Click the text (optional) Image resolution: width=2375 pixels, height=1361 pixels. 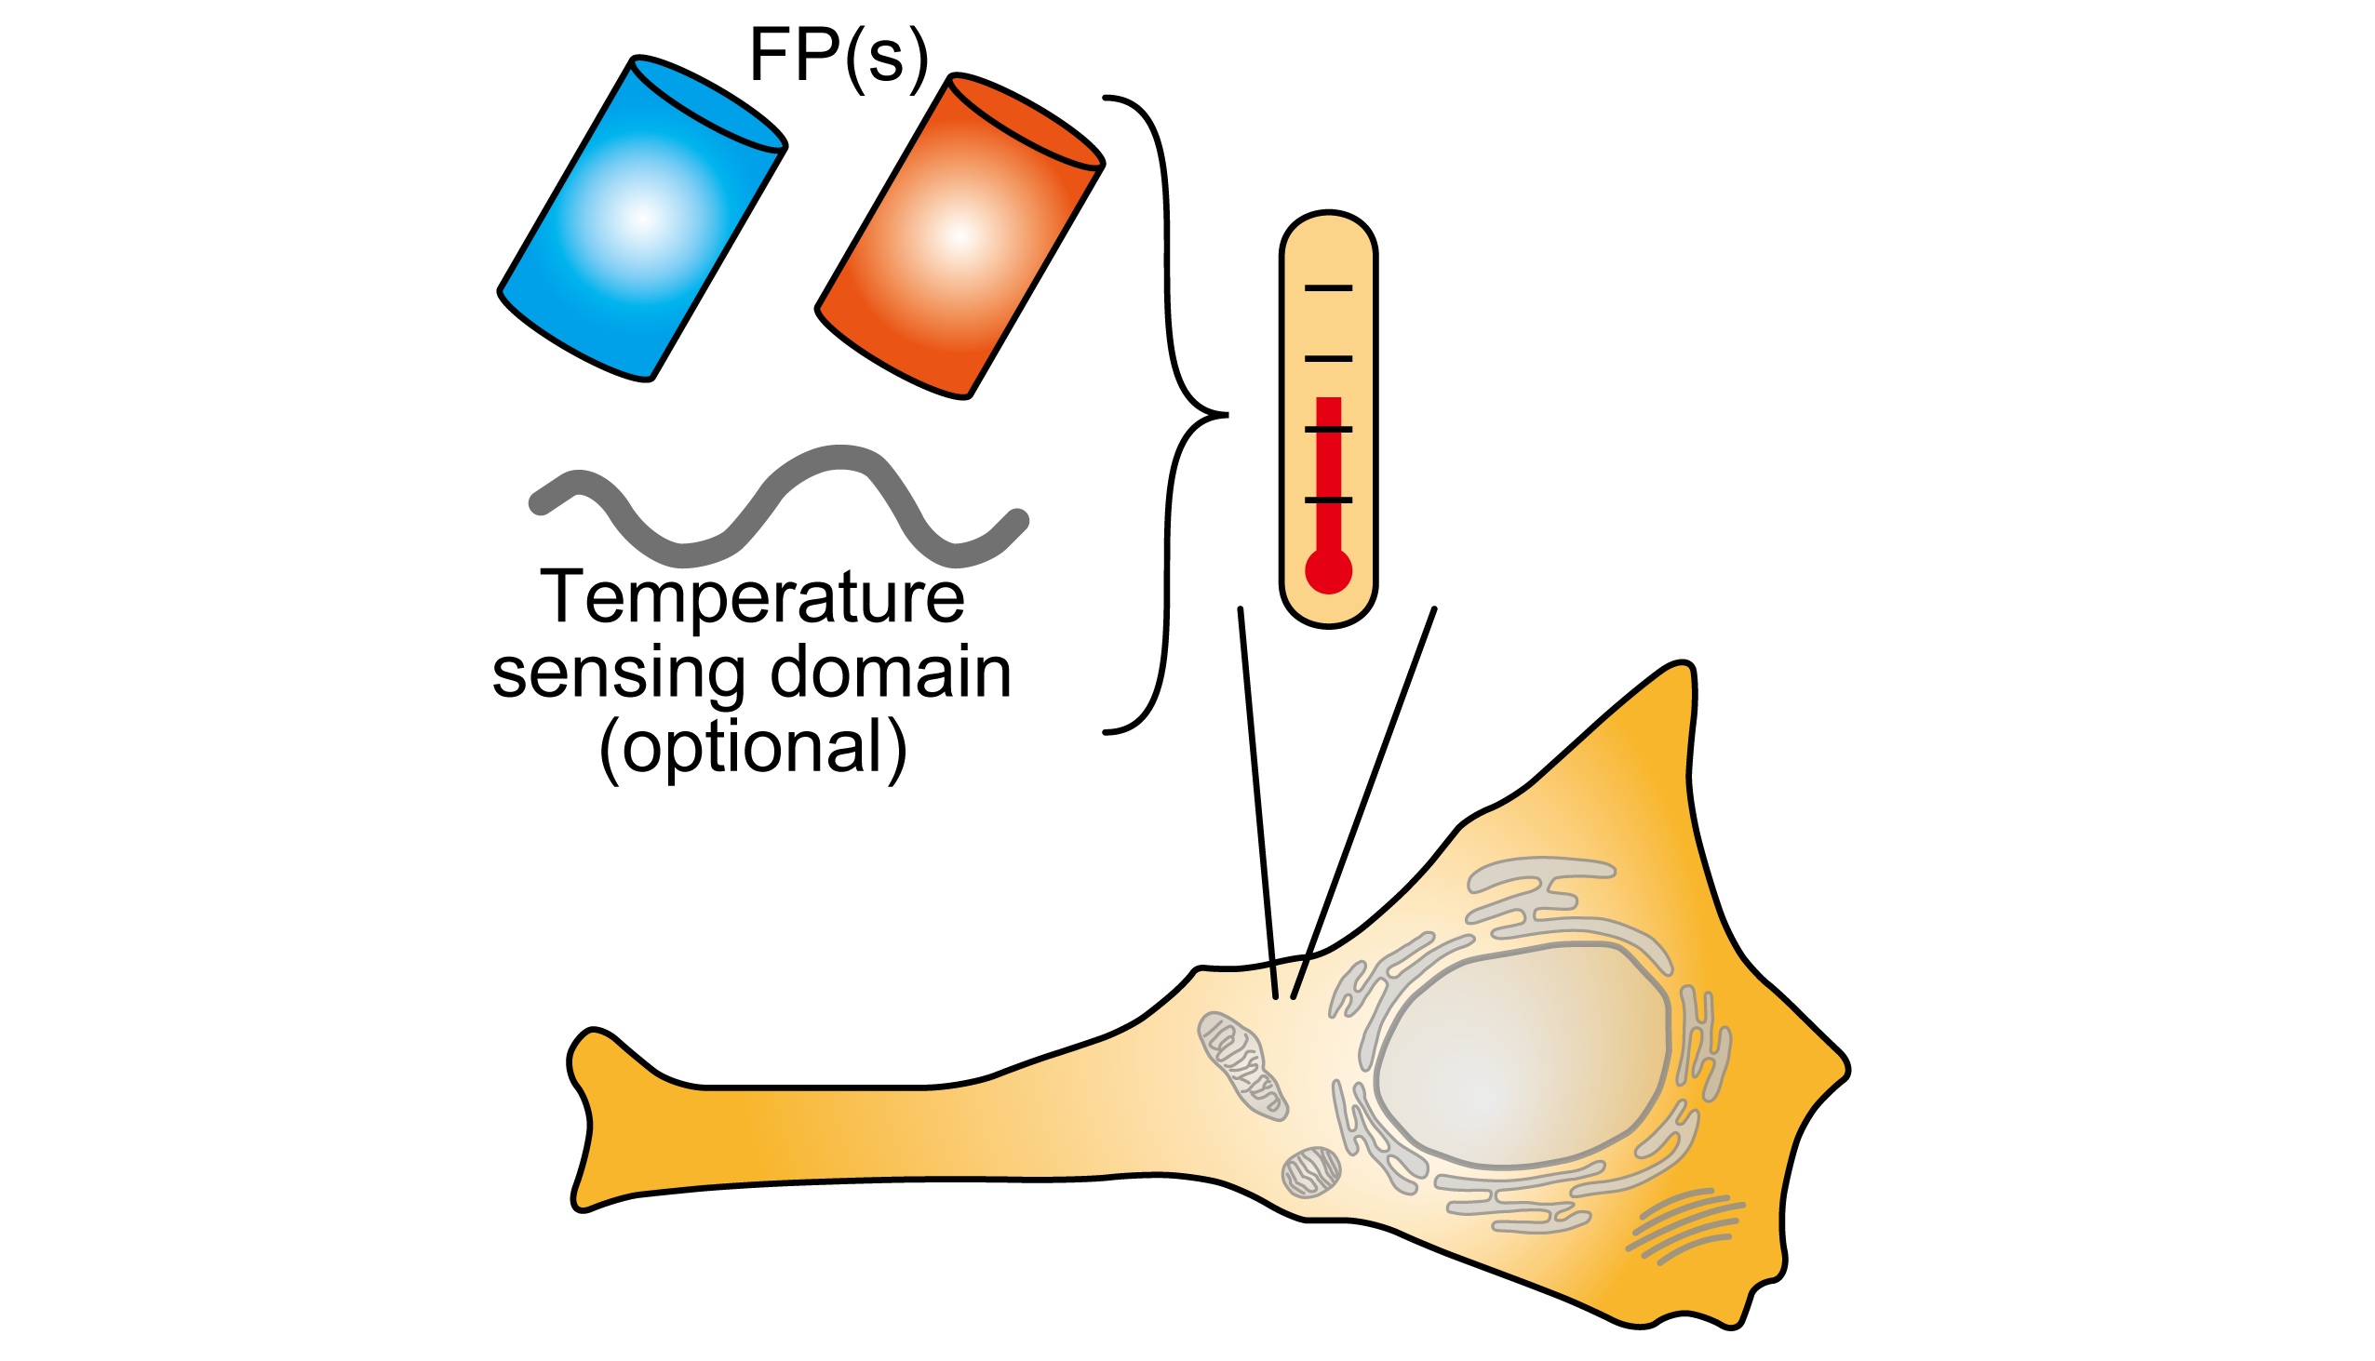pos(753,748)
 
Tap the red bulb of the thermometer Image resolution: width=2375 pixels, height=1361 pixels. pos(1328,570)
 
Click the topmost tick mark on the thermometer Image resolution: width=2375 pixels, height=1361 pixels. pos(1328,287)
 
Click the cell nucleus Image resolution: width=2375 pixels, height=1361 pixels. pos(1520,1056)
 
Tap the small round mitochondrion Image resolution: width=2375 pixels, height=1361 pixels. pos(1311,1171)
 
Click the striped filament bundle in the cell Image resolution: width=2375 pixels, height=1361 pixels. pos(1684,1224)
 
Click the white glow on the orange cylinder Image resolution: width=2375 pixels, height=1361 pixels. pos(959,236)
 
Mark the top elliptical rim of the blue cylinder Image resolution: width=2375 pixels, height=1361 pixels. pos(708,103)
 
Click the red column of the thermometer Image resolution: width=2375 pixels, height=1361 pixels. pos(1328,467)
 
